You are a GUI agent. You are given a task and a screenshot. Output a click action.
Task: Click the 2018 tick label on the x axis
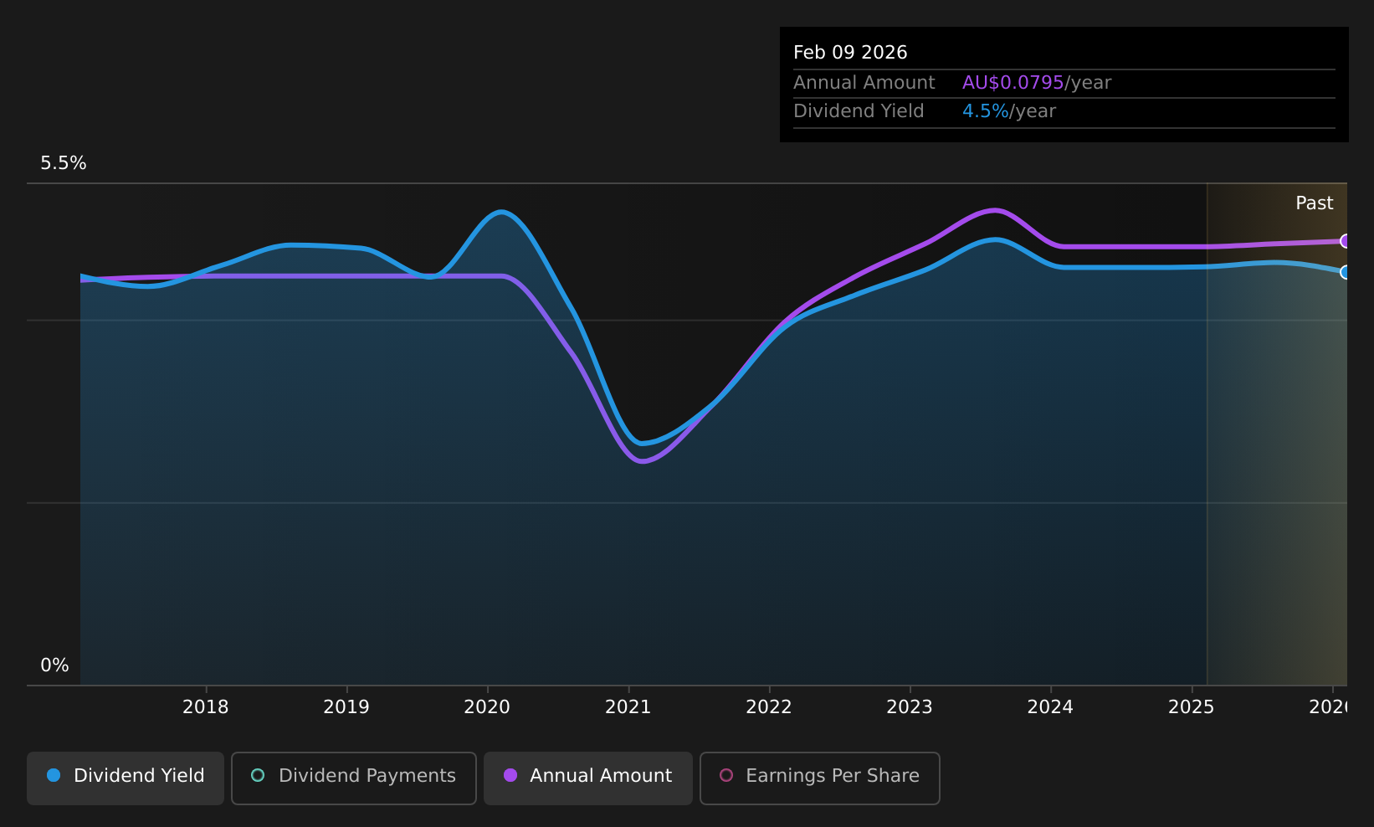[x=206, y=707]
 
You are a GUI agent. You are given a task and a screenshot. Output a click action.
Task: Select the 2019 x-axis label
[x=346, y=707]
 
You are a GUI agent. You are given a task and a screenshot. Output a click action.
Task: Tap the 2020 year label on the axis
[x=487, y=707]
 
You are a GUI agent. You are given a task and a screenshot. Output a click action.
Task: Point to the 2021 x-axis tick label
[x=628, y=707]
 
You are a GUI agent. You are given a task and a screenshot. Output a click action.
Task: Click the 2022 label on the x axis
[x=768, y=707]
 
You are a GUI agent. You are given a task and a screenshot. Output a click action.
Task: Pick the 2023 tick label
[x=910, y=707]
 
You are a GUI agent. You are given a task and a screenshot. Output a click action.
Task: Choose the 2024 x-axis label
[x=1050, y=707]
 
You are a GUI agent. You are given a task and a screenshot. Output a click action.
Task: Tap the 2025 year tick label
[x=1192, y=707]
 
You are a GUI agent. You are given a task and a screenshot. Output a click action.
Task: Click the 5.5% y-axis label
[x=64, y=163]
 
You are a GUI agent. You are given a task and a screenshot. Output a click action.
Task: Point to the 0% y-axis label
[x=54, y=665]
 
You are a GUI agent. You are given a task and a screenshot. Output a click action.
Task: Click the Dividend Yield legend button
[x=126, y=778]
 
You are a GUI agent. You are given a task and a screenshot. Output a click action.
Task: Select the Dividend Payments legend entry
[x=354, y=778]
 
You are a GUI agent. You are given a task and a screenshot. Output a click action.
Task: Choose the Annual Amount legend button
[x=588, y=778]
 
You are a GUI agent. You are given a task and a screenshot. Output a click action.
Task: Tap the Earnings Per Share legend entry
[x=819, y=778]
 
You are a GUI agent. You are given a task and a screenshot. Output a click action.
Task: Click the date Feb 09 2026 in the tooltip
[x=850, y=53]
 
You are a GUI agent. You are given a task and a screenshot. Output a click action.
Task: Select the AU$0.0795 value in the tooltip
[x=1013, y=83]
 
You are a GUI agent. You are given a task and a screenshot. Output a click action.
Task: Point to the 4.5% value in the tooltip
[x=985, y=111]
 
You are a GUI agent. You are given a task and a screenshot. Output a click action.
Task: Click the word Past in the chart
[x=1314, y=203]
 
